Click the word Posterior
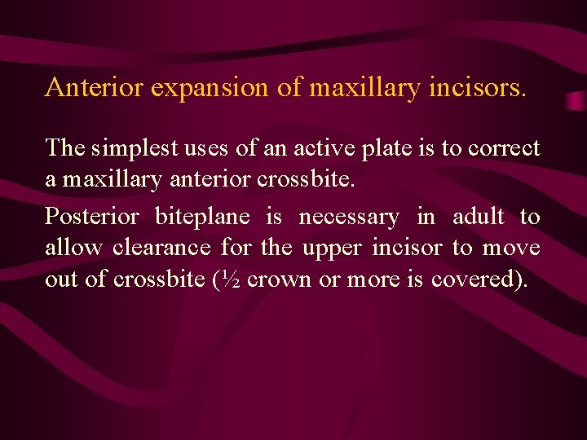tap(91, 218)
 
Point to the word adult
tap(478, 217)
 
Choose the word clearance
tap(161, 247)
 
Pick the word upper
tap(332, 249)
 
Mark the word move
tap(511, 248)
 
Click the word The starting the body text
tap(64, 148)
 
